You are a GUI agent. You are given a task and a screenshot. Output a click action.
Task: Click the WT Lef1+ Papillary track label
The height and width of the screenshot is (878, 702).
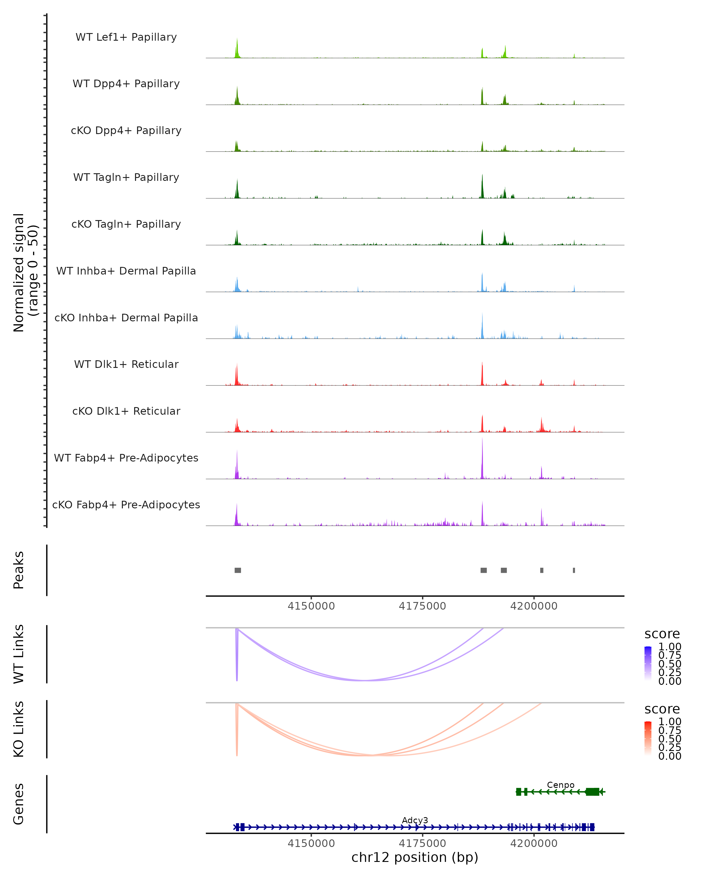tap(126, 37)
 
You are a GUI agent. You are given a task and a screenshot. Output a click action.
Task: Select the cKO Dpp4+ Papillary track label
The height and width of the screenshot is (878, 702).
tap(126, 131)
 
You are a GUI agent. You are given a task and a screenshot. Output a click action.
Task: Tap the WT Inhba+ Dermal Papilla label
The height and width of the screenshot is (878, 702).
tap(126, 271)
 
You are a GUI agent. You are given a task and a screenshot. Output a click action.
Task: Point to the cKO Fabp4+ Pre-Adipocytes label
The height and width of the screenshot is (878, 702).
tap(126, 505)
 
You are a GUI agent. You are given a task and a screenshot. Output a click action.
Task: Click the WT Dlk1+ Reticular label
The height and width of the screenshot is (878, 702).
tap(126, 364)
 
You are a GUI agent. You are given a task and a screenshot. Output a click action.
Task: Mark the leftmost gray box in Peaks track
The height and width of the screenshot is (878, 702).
tap(238, 570)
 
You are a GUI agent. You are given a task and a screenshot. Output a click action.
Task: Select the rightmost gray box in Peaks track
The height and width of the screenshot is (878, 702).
tap(574, 570)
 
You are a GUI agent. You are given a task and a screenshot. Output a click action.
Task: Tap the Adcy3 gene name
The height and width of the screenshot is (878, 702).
tap(415, 820)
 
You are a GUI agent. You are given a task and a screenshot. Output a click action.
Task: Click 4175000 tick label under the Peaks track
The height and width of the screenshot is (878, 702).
tap(422, 606)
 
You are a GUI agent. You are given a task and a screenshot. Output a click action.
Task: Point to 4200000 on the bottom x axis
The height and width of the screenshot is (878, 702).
tap(534, 843)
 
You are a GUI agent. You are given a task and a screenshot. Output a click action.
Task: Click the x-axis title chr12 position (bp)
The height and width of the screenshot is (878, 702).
tap(415, 858)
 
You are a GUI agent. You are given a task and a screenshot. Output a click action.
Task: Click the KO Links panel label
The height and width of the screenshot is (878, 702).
tap(19, 729)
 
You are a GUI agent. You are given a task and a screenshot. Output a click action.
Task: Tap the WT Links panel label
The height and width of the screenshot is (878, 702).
tap(19, 654)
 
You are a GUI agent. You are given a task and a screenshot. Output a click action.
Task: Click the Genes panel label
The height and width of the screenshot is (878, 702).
tap(19, 804)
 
